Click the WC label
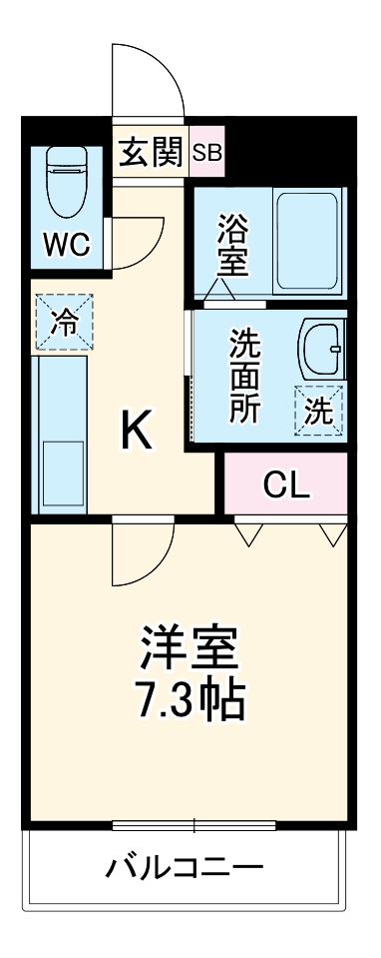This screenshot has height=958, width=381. [66, 243]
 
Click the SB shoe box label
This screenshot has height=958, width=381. [208, 153]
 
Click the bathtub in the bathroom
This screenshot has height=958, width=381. [305, 239]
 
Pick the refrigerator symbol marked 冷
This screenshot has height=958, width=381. [63, 323]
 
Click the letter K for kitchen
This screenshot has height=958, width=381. [137, 431]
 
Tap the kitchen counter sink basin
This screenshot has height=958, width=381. [64, 475]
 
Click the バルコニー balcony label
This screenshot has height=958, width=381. [186, 866]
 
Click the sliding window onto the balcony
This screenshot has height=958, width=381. [192, 825]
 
